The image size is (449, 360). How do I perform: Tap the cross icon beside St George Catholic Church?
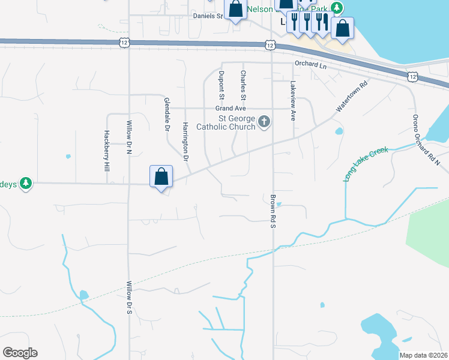point(264,123)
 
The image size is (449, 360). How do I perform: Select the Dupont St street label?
point(221,85)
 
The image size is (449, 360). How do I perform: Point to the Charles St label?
point(243,85)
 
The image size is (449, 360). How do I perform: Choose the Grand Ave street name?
point(231,109)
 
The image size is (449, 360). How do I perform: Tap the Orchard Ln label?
point(310,64)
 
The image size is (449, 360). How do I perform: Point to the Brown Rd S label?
point(273,211)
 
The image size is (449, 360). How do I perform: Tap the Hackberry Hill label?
point(106,152)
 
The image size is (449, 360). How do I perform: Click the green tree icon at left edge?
point(25,183)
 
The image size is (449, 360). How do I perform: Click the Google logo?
point(20,353)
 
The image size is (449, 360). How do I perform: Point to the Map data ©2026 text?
point(423,355)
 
